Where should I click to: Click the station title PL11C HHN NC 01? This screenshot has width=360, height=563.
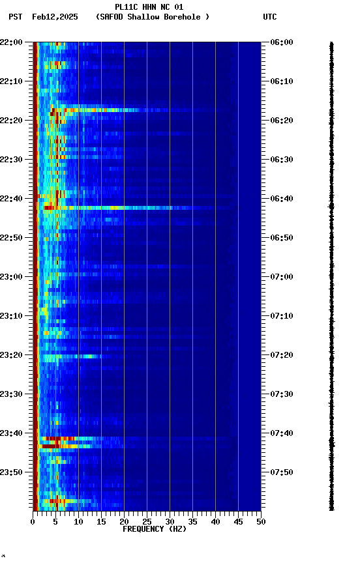click(149, 7)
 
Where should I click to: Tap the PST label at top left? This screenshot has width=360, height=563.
click(16, 17)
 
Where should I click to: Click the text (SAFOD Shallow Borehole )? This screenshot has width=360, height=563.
click(153, 17)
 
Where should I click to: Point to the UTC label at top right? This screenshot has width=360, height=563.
click(270, 17)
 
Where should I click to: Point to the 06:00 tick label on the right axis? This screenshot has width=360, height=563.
click(281, 42)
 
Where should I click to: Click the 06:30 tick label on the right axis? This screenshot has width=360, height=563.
click(281, 160)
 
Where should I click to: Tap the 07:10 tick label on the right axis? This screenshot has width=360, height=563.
click(281, 316)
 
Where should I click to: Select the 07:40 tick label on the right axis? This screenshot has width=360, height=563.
click(281, 433)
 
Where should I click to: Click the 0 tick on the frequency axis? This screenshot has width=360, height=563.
click(33, 522)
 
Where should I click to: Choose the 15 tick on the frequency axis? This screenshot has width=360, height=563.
click(101, 522)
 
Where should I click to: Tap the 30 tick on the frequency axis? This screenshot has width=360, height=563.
click(170, 522)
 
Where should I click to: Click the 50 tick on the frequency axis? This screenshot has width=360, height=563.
click(261, 522)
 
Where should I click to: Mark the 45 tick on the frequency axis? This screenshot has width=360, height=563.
click(238, 522)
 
